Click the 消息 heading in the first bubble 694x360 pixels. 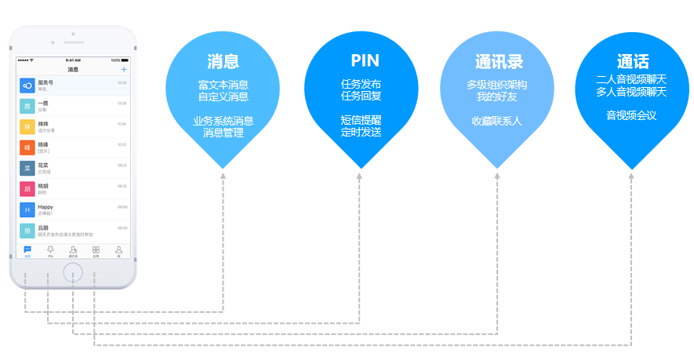point(223,62)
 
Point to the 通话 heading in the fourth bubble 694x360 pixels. point(632,62)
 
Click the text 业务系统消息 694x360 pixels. point(223,121)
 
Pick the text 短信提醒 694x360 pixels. point(361,121)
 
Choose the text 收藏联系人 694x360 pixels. point(496,121)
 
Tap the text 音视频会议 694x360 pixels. point(631,115)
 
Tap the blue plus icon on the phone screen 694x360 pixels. point(123,70)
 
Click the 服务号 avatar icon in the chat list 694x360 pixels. point(27,85)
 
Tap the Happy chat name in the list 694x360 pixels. point(45,207)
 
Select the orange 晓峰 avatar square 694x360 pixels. point(27,147)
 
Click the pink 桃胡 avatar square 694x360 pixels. point(27,189)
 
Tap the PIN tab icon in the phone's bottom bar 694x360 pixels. point(50,250)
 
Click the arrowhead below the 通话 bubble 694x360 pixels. point(632,176)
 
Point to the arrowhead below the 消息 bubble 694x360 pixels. point(223,176)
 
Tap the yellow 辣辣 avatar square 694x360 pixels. point(27,126)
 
